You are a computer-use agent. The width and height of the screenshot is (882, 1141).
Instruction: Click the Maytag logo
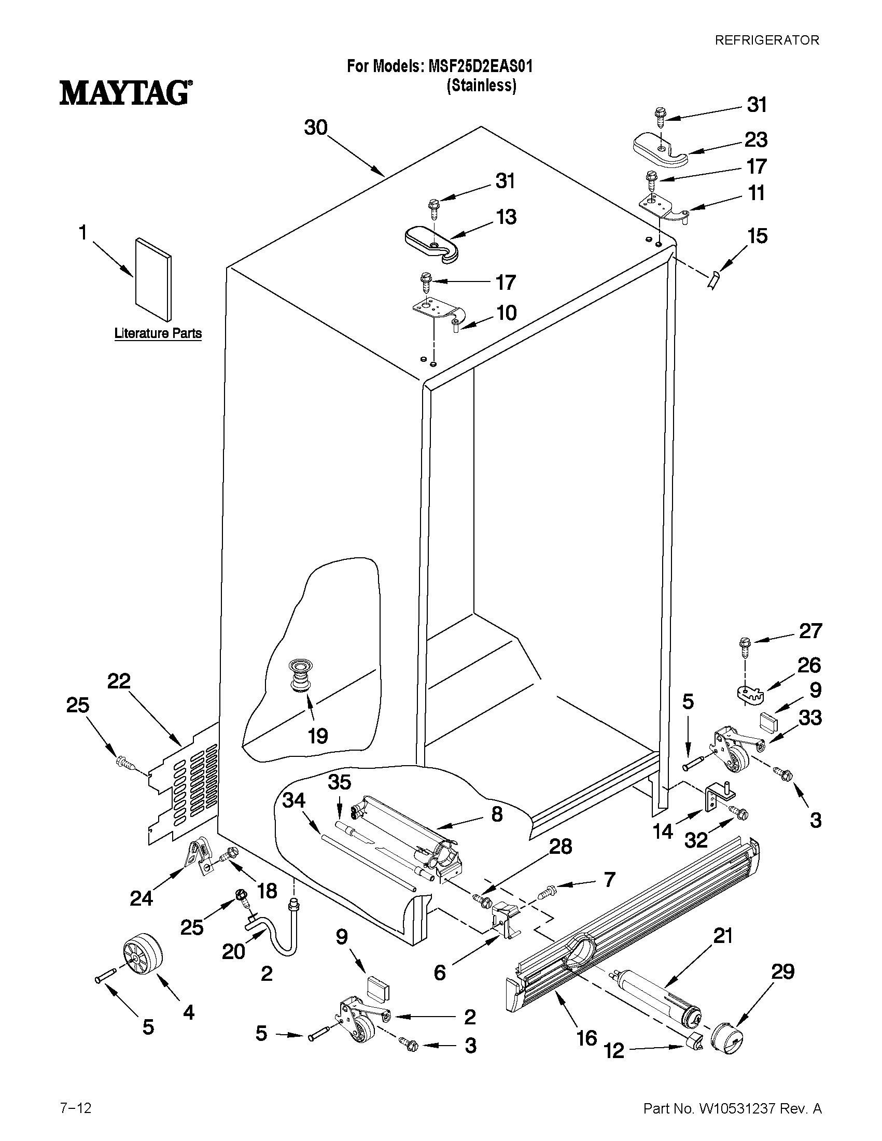click(x=124, y=92)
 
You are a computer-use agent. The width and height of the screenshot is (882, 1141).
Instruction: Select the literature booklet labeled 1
click(x=152, y=279)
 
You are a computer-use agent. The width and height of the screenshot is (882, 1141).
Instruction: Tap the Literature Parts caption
click(x=158, y=333)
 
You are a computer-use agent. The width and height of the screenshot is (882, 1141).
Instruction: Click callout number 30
click(x=316, y=128)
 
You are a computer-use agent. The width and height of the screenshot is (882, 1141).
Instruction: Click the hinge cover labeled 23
click(x=661, y=151)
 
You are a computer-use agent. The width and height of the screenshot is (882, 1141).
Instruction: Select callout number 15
click(x=757, y=236)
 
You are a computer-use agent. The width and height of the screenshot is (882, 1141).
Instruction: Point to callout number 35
click(x=339, y=782)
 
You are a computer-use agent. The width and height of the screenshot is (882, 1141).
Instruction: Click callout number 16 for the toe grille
click(x=586, y=1052)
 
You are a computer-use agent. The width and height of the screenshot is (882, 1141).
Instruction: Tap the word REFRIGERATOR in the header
click(x=766, y=40)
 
